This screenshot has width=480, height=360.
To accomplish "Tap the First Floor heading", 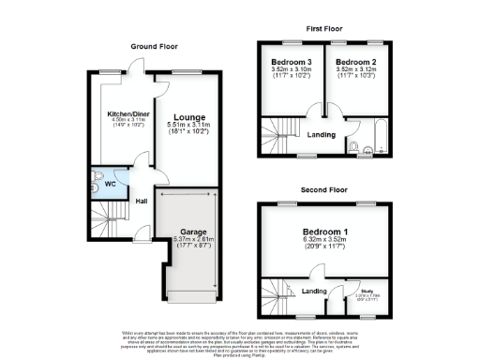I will pyautogui.click(x=322, y=29).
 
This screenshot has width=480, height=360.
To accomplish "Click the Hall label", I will pyautogui.click(x=142, y=201).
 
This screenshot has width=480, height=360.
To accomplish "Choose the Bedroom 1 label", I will pyautogui.click(x=324, y=232).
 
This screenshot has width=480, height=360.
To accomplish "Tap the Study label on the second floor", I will pyautogui.click(x=365, y=293).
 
